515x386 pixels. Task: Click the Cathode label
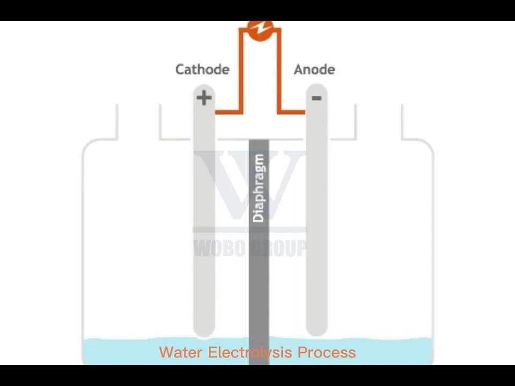pos(202,69)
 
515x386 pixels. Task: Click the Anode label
pos(314,69)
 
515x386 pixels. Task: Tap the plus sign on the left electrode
pos(204,98)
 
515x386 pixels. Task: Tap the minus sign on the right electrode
pos(317,98)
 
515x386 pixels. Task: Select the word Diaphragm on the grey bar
pos(259,188)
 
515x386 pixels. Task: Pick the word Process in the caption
pos(327,352)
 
